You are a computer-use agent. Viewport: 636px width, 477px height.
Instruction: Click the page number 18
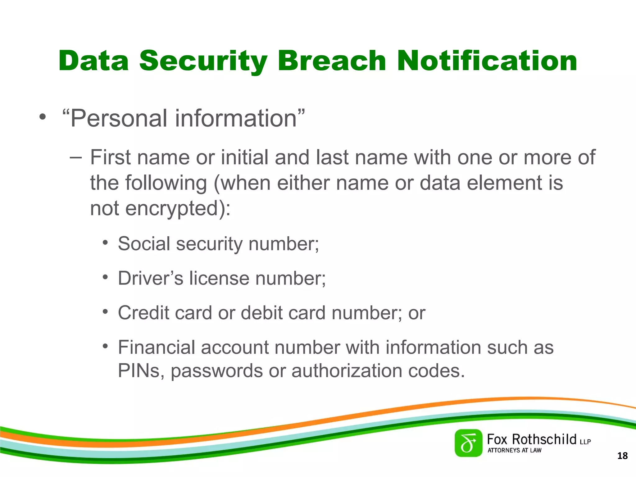pyautogui.click(x=622, y=456)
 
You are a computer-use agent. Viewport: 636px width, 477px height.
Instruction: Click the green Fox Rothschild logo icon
pyautogui.click(x=468, y=443)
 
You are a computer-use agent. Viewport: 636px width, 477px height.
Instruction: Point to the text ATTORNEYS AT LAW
pyautogui.click(x=514, y=450)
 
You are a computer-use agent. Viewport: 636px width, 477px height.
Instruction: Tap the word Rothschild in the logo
pyautogui.click(x=544, y=439)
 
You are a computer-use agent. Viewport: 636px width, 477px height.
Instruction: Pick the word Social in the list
pyautogui.click(x=144, y=243)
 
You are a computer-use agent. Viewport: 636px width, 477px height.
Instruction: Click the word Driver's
pyautogui.click(x=151, y=278)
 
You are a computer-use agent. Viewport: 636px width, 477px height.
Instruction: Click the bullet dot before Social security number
pyautogui.click(x=106, y=242)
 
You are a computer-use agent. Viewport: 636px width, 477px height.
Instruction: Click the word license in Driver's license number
pyautogui.click(x=219, y=278)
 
